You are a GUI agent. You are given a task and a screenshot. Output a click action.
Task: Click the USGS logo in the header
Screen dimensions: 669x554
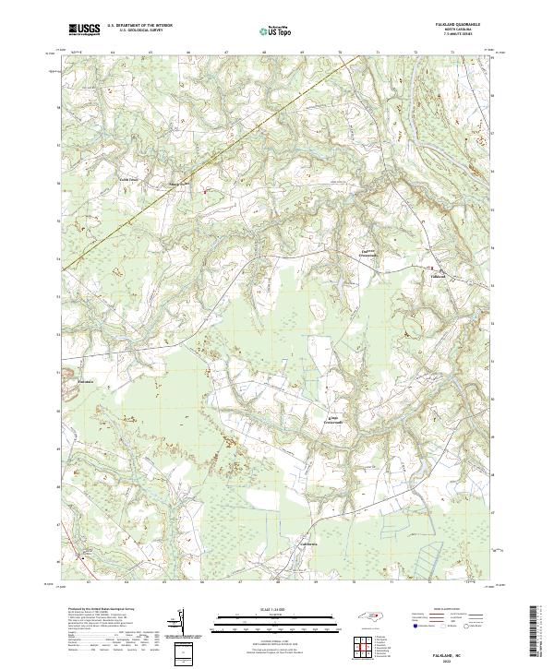(x=83, y=30)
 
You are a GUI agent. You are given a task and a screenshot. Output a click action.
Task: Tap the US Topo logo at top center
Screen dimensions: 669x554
(x=268, y=31)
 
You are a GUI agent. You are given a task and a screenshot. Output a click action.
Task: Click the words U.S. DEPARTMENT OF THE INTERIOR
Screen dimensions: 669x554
(x=138, y=26)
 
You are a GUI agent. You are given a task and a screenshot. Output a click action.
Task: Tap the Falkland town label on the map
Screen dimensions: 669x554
(x=439, y=276)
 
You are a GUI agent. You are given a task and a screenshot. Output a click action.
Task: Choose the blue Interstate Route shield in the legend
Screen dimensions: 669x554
(x=412, y=625)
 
